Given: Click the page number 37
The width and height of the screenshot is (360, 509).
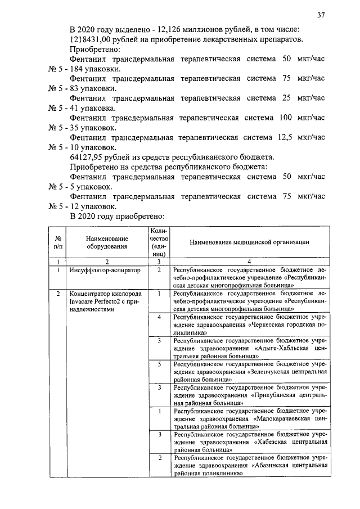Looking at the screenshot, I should coord(321,15).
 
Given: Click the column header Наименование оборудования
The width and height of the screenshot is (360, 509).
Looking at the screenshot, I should coord(107,242).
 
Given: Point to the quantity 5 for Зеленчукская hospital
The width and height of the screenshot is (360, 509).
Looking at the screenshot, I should coord(160,364).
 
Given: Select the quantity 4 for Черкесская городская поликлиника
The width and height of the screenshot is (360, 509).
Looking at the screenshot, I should coord(160,317).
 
